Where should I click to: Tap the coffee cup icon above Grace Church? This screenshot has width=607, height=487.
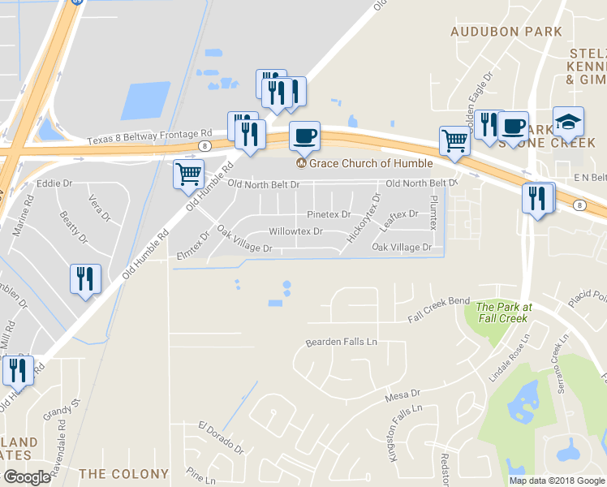pyautogui.click(x=304, y=136)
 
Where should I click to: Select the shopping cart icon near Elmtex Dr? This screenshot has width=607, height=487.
pyautogui.click(x=188, y=173)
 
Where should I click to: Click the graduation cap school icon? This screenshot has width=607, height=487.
pyautogui.click(x=568, y=121)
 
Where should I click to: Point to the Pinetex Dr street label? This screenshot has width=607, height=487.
pyautogui.click(x=328, y=214)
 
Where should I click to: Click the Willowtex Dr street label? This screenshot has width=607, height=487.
pyautogui.click(x=295, y=231)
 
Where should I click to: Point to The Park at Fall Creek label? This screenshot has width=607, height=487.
pyautogui.click(x=503, y=312)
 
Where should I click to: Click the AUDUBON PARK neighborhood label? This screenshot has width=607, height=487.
pyautogui.click(x=507, y=32)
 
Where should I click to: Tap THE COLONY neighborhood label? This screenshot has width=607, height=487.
pyautogui.click(x=123, y=473)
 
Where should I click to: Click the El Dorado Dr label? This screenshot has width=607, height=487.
pyautogui.click(x=221, y=436)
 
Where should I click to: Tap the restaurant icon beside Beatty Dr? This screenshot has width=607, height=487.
pyautogui.click(x=84, y=278)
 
